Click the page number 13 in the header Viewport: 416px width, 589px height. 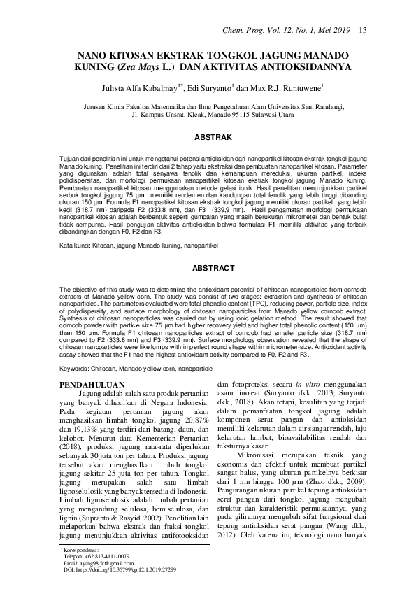[363, 30]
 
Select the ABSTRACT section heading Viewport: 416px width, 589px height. [208, 248]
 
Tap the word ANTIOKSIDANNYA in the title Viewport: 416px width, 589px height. [292, 69]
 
